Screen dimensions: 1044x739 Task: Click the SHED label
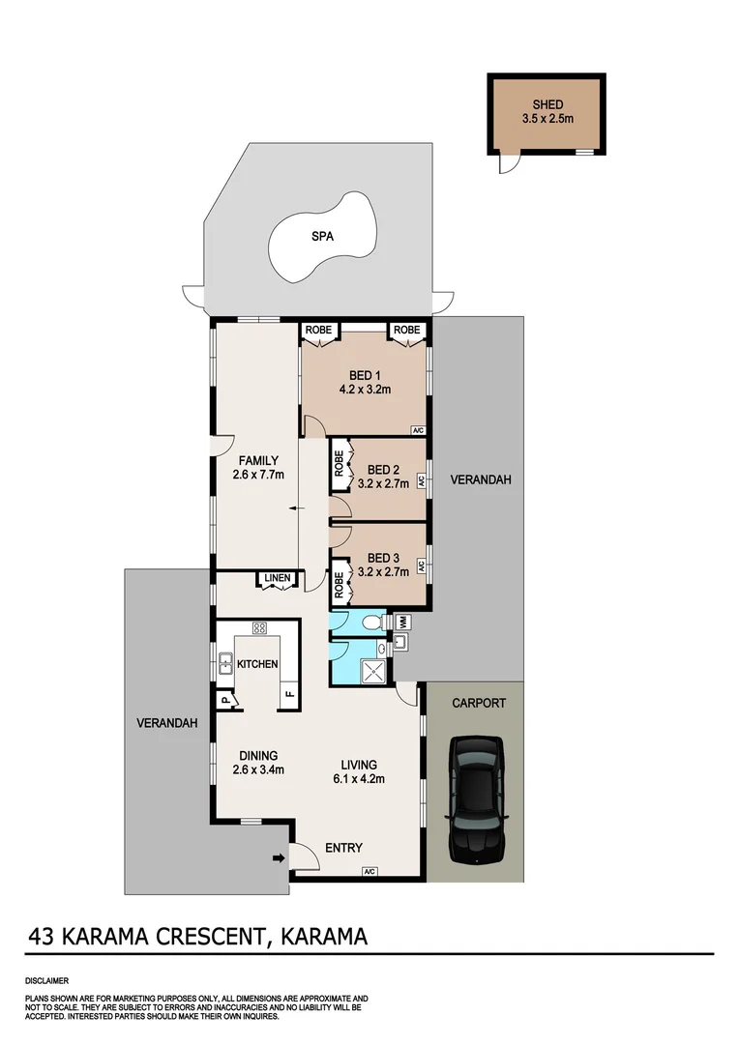547,105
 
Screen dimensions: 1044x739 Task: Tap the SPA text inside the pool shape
322,235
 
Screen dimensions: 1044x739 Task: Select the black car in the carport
477,801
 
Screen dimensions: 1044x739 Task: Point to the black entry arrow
280,856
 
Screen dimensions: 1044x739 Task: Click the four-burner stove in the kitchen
259,628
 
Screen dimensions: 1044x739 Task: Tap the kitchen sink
225,664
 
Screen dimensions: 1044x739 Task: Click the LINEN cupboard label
278,579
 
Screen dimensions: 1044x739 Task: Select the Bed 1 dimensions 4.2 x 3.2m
364,391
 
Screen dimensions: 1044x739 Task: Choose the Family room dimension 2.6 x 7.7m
256,475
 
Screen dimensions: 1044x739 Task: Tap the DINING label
256,756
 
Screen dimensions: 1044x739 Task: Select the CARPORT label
479,704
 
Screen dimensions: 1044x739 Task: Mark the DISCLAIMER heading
47,980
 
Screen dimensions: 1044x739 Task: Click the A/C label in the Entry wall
369,872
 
